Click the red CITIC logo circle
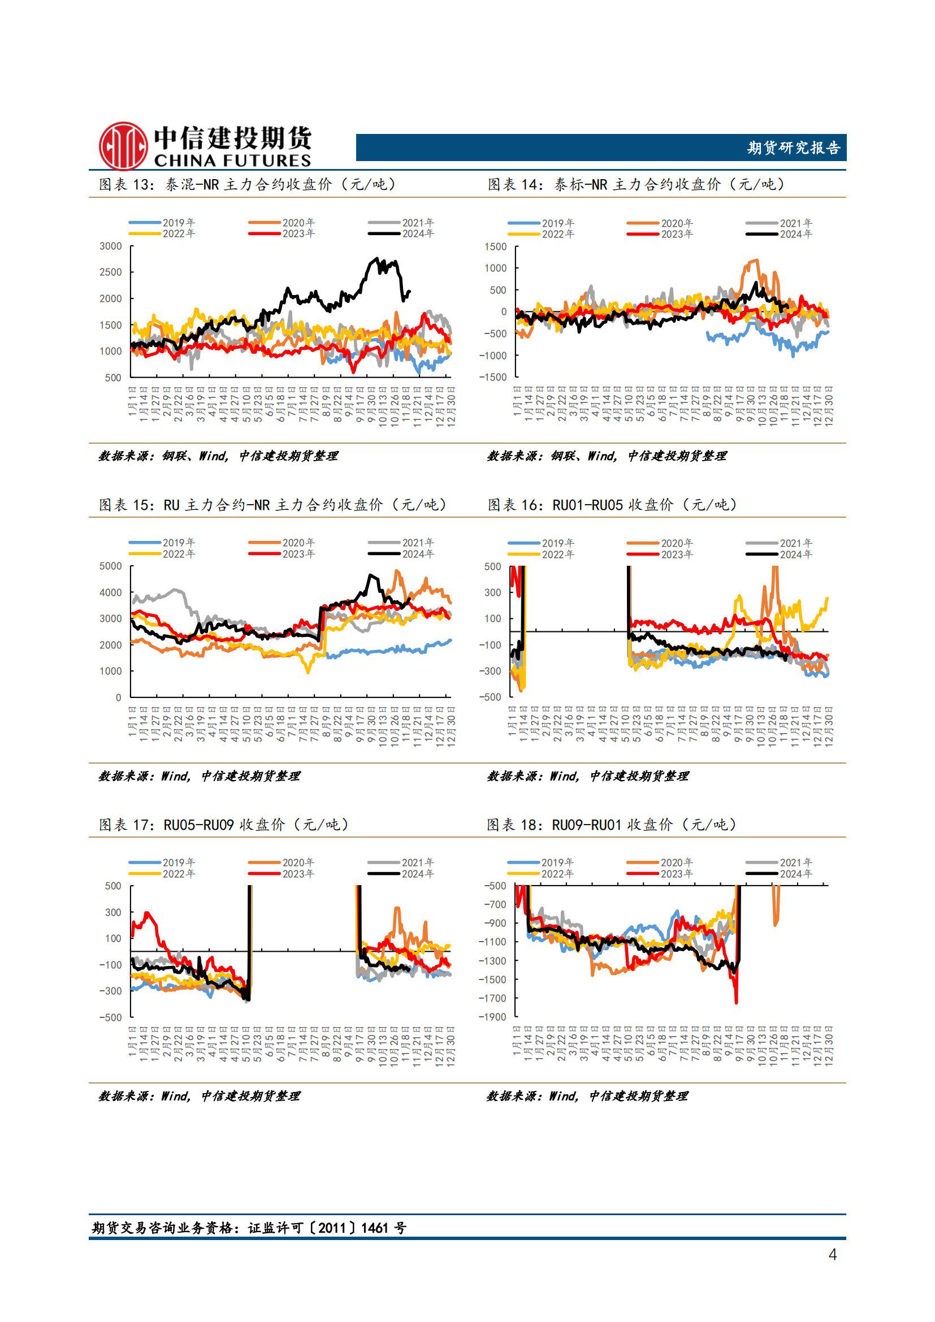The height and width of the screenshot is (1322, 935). [x=123, y=146]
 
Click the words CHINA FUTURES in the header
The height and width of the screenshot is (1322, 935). [x=232, y=161]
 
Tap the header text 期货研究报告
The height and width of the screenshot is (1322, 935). [x=793, y=148]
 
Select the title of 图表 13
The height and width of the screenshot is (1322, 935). [x=247, y=184]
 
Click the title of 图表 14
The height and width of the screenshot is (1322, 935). [x=635, y=184]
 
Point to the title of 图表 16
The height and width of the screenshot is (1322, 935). [x=612, y=505]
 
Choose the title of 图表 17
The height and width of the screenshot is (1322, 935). [x=223, y=825]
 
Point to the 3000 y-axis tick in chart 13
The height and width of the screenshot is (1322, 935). [x=111, y=246]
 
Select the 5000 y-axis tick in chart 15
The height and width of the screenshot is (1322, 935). [x=111, y=566]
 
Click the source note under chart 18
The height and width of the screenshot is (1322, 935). [x=587, y=1096]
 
